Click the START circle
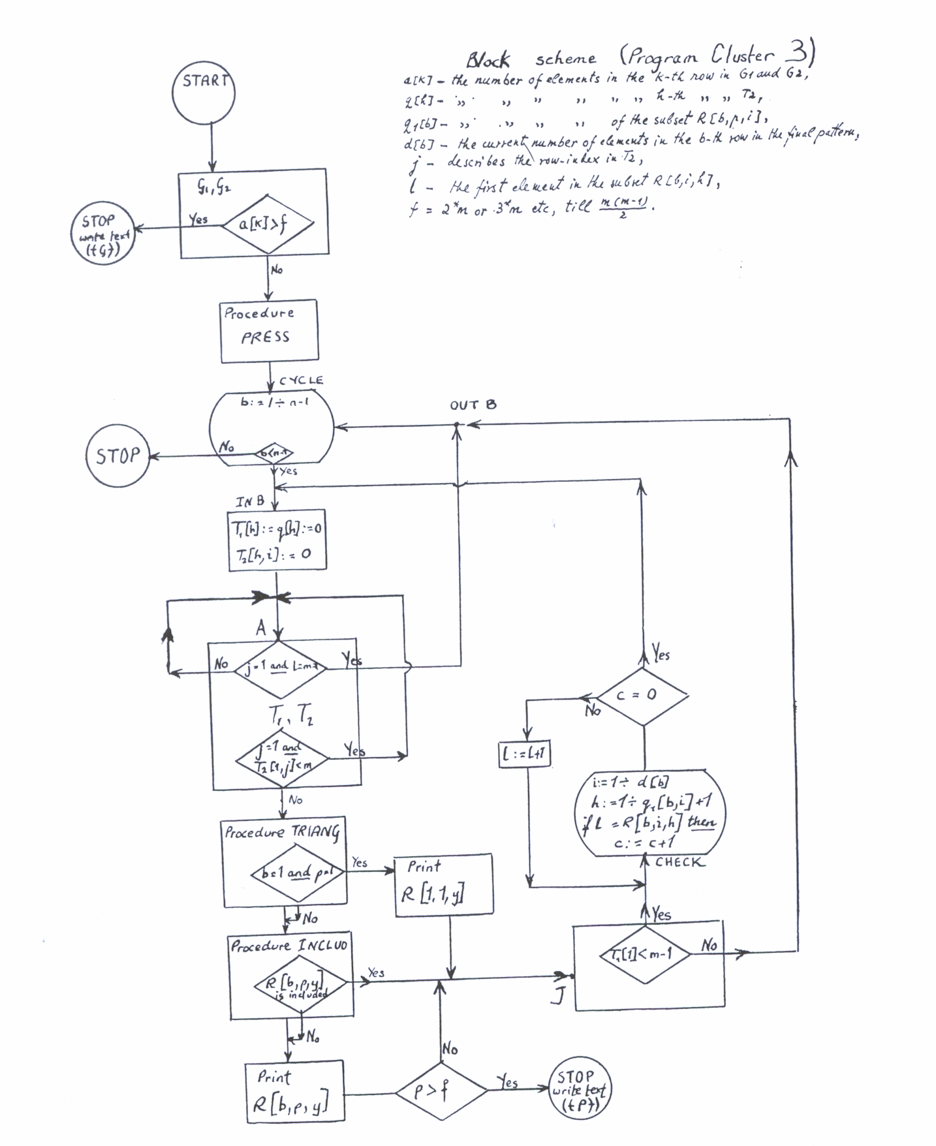(x=204, y=92)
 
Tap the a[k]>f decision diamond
(x=268, y=225)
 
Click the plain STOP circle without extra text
(x=118, y=456)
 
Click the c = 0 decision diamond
(x=643, y=696)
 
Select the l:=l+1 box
(x=525, y=755)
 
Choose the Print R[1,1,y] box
(x=443, y=885)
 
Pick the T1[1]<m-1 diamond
(x=643, y=955)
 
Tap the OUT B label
(x=473, y=405)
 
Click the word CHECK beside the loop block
(x=679, y=861)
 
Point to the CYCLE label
(x=301, y=380)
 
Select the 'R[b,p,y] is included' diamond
(x=300, y=984)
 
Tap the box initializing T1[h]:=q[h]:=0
(x=277, y=540)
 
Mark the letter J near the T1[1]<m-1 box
(x=557, y=995)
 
